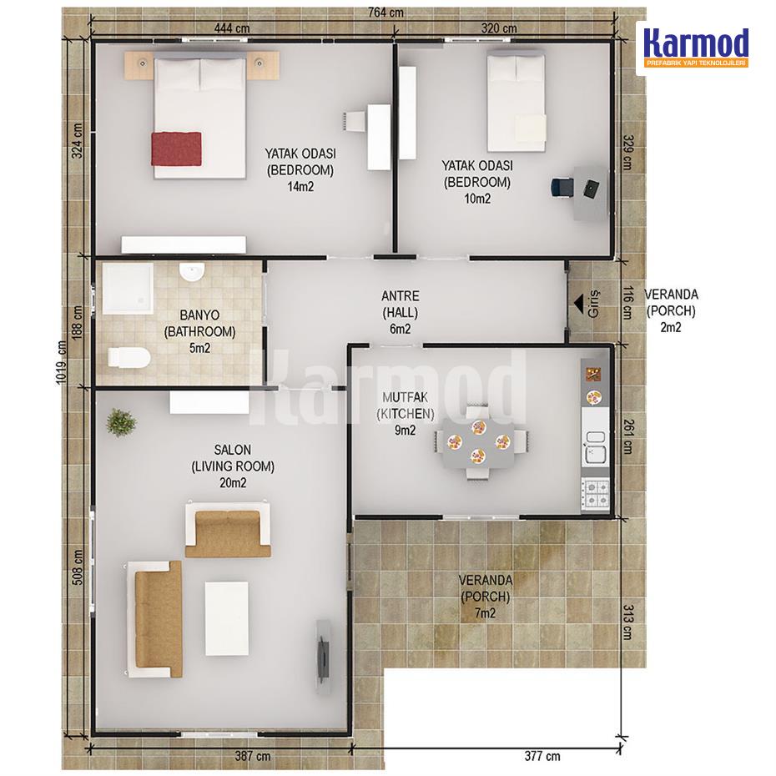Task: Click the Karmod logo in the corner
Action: (x=695, y=48)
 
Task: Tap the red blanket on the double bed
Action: (x=176, y=149)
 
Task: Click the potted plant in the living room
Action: (x=121, y=423)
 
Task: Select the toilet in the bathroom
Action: (x=128, y=358)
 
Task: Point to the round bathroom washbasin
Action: (x=192, y=272)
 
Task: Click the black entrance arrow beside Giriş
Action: (x=577, y=303)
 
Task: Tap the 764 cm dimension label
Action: (x=385, y=13)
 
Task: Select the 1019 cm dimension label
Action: (x=62, y=362)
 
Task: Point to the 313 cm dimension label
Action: (x=628, y=622)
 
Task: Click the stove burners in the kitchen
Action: (x=596, y=493)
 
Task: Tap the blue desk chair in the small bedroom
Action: (x=562, y=188)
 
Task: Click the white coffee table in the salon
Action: (x=227, y=618)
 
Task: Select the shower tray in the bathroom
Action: (x=128, y=289)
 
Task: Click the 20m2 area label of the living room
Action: (x=233, y=483)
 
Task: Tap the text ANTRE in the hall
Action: (x=400, y=296)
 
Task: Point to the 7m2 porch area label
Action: (x=485, y=613)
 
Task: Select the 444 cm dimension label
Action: (x=232, y=28)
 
